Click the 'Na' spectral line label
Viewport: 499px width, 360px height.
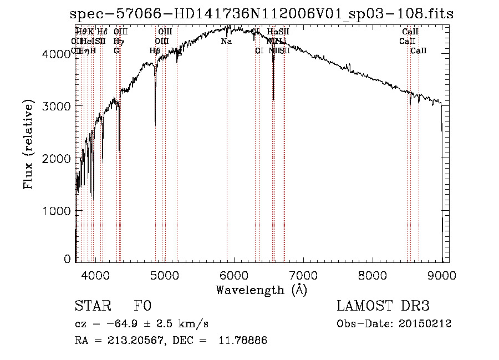226,42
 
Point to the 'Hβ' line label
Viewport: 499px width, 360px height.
155,50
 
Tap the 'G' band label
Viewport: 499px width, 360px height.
116,50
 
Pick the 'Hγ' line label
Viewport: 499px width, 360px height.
118,42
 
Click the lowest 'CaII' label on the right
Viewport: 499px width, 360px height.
419,50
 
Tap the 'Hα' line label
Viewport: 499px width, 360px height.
272,32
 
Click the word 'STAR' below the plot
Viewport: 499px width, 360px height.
93,306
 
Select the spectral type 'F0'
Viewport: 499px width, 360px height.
142,306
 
